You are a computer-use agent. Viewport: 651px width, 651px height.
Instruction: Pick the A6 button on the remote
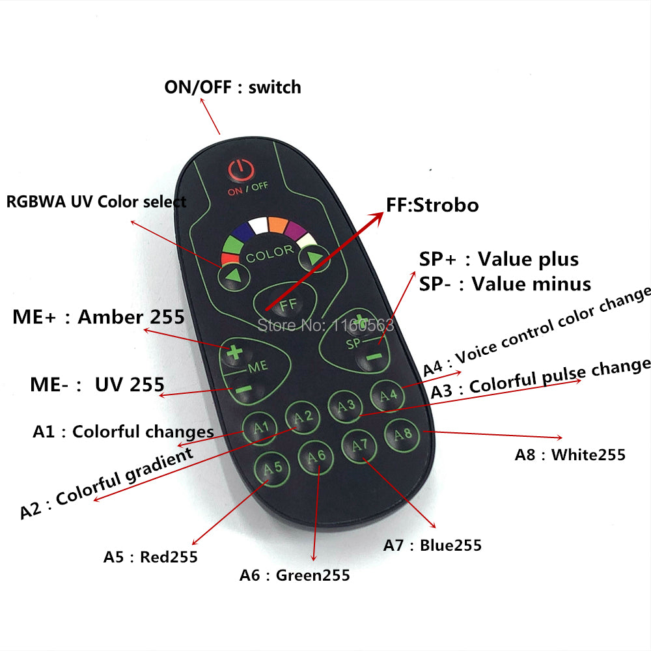(x=316, y=456)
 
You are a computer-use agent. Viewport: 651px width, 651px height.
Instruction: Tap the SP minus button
(x=373, y=357)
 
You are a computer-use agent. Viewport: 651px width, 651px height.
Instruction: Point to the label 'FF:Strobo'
(x=432, y=206)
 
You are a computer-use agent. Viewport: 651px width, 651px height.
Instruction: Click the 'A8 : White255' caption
(x=570, y=455)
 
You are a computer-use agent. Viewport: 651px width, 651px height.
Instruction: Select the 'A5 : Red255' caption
(x=150, y=557)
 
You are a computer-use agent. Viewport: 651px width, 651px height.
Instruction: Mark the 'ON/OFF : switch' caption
(x=232, y=87)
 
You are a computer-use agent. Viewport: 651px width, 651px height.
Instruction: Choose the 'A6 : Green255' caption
(x=294, y=575)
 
